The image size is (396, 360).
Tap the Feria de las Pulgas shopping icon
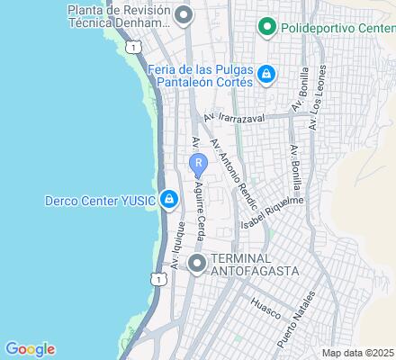tap(265, 74)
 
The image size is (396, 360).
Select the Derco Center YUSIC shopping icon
tap(168, 201)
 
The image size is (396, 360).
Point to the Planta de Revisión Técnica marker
tap(184, 15)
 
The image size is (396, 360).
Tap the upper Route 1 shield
tap(133, 45)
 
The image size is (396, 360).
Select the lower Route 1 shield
tap(159, 280)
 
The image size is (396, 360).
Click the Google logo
tap(30, 349)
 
